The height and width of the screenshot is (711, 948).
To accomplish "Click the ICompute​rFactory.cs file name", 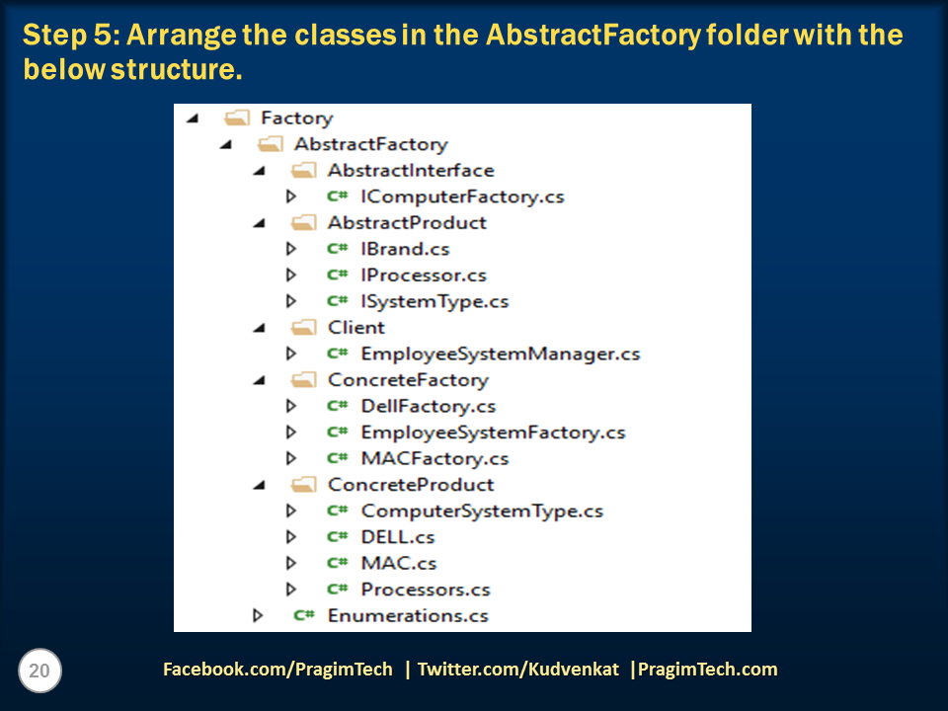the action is coord(462,197).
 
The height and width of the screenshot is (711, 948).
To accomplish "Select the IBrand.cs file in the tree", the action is coord(405,249).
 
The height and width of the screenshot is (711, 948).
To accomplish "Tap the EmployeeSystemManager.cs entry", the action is coord(501,354).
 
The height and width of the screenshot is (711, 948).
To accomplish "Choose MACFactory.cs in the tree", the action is coord(434,458).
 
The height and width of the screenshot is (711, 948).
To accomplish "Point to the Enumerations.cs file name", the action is coord(408,615).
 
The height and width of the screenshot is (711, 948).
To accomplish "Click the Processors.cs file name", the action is coord(426,590).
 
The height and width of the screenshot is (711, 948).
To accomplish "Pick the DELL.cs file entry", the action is coord(398,537).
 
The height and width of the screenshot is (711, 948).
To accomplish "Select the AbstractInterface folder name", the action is coord(411,171).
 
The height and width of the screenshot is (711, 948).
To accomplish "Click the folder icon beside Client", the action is coord(303,328).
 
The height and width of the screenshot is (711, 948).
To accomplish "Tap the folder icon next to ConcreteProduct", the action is coord(303,485).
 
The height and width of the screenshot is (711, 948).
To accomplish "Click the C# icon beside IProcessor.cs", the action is coord(338,276).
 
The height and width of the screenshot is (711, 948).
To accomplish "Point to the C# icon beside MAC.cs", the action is coord(338,563).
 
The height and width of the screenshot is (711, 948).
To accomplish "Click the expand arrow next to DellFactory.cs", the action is coord(290,406).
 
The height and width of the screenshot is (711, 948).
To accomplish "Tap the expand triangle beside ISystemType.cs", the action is coord(290,301).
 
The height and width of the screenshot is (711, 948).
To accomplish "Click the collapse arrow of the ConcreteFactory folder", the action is coord(260,380).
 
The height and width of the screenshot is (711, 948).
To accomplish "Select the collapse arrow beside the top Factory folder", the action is coord(193,118).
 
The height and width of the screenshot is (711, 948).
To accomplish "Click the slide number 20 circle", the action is coord(39,671).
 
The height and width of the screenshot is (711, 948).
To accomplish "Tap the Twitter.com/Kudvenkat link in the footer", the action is coord(518,670).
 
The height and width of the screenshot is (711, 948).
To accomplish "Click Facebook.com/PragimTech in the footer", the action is coord(277,670).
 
